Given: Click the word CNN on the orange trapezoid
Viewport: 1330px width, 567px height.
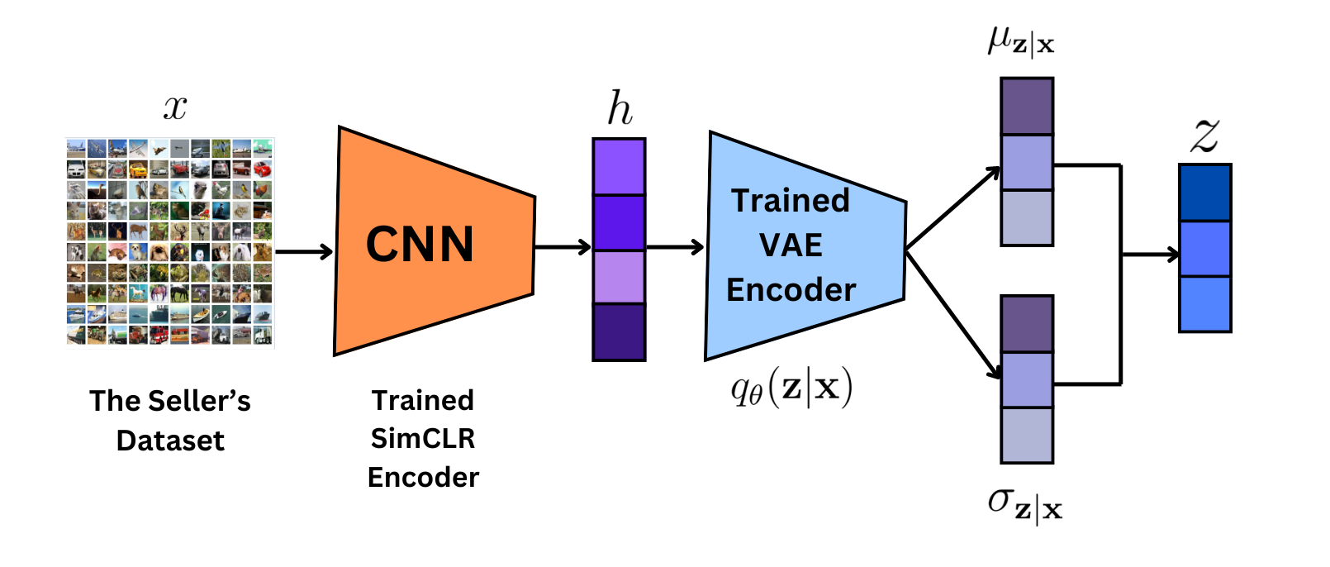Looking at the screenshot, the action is (x=420, y=244).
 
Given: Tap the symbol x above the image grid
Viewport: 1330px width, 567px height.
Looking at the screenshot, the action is (x=175, y=108).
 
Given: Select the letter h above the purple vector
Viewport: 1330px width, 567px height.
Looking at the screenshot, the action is (x=620, y=107).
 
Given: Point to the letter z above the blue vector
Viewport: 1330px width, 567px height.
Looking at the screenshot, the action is (x=1204, y=135).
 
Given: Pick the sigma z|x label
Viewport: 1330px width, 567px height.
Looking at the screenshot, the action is (x=1025, y=507).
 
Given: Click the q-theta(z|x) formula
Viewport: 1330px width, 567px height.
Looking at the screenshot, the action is (x=791, y=388).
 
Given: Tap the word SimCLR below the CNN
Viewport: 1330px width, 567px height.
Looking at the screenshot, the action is (x=423, y=439).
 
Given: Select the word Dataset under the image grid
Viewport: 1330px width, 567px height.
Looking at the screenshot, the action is (x=170, y=441).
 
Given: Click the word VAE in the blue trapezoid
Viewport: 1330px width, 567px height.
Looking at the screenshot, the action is (x=791, y=245).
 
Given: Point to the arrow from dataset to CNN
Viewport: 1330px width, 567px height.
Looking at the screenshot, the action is (x=304, y=251).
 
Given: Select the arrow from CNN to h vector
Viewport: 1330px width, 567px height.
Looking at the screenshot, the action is (x=563, y=246).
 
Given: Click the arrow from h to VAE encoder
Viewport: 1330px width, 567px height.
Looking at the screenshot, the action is (x=675, y=246).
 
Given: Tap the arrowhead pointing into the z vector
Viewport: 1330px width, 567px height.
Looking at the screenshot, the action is (x=1173, y=255).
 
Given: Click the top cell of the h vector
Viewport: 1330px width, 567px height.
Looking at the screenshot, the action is (x=619, y=166).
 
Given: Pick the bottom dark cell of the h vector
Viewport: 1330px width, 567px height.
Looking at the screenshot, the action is (x=619, y=331).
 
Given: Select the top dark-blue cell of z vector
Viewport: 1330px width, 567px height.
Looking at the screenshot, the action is (x=1204, y=193).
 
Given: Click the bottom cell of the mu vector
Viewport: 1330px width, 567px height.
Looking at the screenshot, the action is (x=1027, y=217).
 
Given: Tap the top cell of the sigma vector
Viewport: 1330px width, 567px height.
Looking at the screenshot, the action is (x=1027, y=324).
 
